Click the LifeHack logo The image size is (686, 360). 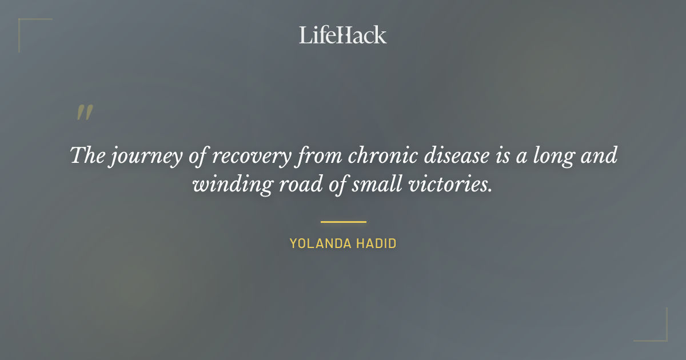pos(343,35)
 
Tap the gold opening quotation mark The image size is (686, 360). pos(85,113)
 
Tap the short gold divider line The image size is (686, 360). pos(343,222)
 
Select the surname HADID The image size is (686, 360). pos(377,243)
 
